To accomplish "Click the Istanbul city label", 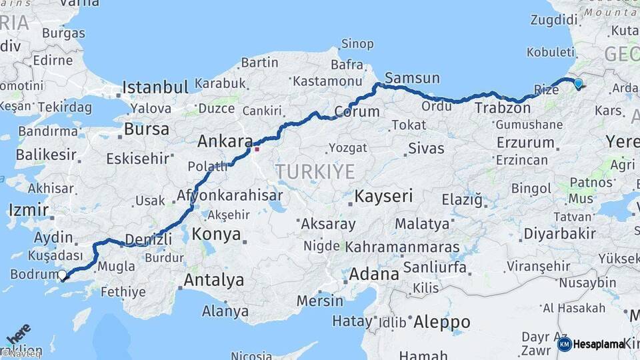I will coord(155,87).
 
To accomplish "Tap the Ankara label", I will coord(225,141).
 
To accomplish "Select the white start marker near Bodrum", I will coord(62,275).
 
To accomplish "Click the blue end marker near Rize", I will coord(577,84).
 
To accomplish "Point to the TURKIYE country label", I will coord(315,171).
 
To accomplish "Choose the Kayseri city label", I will coord(383,197).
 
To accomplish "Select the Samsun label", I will coord(412,78).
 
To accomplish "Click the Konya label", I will coord(216,234).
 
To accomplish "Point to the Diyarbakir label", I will coord(559,234).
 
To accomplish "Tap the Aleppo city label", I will coord(441,323).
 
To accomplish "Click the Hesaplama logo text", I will coord(599,344).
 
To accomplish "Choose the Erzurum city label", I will coord(525,142).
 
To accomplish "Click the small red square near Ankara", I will coord(257,149).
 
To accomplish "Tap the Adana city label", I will coord(374,273).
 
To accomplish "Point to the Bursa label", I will coord(146,128).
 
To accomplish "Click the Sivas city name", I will coord(425,148).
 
